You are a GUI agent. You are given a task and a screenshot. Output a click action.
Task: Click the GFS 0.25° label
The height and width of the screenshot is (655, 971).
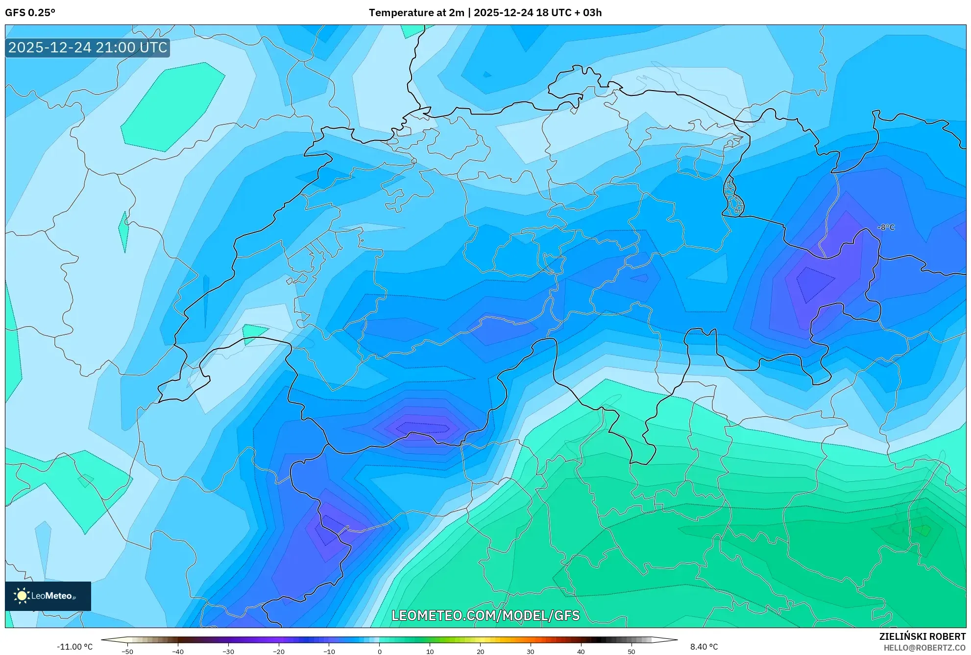(x=30, y=13)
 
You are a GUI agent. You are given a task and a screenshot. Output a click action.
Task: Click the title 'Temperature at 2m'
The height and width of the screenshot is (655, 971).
(x=416, y=13)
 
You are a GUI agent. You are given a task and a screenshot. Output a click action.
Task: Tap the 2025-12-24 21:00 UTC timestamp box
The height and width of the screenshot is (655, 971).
(x=88, y=47)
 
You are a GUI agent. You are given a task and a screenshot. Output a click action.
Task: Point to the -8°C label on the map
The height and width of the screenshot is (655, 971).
(x=886, y=228)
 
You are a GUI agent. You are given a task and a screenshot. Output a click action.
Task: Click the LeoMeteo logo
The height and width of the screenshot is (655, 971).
(x=48, y=596)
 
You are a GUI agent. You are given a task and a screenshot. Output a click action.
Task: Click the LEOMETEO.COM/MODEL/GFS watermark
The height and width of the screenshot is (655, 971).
(x=485, y=615)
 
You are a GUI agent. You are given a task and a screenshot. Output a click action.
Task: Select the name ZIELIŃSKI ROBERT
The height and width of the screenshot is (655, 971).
(x=922, y=636)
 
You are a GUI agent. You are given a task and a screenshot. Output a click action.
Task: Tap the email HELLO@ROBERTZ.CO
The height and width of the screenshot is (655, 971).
(x=924, y=648)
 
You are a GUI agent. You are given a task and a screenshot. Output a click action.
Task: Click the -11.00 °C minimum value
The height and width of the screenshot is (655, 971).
(x=74, y=647)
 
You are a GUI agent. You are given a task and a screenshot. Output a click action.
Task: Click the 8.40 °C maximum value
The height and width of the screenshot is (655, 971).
(x=704, y=647)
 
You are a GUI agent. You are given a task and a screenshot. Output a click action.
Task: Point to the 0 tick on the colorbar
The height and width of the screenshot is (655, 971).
(x=380, y=652)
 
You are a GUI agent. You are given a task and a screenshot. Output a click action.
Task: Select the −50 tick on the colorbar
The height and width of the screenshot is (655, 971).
(x=127, y=652)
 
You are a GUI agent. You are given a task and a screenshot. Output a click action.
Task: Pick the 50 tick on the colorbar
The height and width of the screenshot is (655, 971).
(x=631, y=652)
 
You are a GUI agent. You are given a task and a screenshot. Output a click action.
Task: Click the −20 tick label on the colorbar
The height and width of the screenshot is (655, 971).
(x=279, y=652)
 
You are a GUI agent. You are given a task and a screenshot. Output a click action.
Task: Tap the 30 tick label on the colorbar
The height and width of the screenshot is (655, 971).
(x=531, y=652)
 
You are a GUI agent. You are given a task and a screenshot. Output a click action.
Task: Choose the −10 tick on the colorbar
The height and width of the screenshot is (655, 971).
(x=329, y=652)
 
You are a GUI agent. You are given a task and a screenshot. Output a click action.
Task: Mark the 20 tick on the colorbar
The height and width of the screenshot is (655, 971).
(x=480, y=652)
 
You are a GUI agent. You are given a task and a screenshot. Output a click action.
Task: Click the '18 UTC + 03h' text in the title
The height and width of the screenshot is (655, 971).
(x=569, y=13)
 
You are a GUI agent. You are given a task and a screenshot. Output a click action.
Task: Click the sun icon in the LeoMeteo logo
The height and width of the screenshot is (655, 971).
(x=22, y=596)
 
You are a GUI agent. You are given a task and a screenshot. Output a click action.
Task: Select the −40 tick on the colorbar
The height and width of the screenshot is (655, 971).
(x=178, y=652)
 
